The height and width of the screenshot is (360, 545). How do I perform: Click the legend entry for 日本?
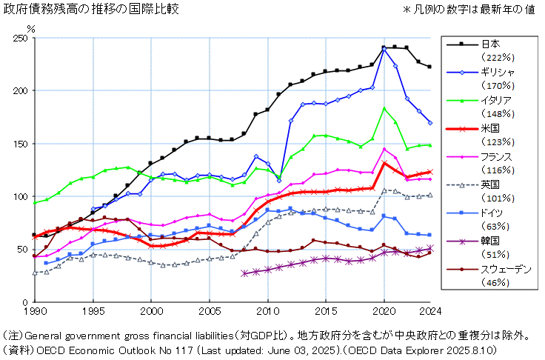click(491, 43)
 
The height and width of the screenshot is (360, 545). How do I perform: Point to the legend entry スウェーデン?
click(506, 269)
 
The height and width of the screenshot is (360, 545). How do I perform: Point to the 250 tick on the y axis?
click(19, 38)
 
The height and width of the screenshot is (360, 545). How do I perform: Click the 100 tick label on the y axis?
click(19, 197)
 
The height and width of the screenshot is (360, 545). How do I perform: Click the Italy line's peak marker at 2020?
click(384, 109)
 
